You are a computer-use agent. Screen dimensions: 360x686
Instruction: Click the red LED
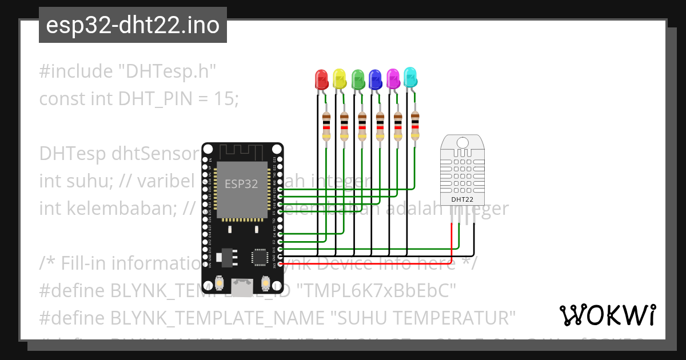[x=322, y=79]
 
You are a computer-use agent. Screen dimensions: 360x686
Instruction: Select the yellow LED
[x=340, y=79]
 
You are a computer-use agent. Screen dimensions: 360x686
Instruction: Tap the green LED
[x=358, y=79]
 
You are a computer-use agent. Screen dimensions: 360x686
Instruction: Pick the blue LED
[x=375, y=79]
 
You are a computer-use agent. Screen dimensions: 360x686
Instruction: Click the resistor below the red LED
[x=326, y=126]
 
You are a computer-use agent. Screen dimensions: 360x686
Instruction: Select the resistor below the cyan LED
[x=416, y=125]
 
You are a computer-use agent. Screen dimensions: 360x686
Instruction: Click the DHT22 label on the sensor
[x=462, y=199]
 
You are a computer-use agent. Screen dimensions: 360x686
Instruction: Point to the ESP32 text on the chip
[x=241, y=184]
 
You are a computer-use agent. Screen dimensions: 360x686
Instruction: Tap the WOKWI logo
[x=607, y=315]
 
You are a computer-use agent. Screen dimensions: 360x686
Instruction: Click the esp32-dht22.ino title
[x=133, y=26]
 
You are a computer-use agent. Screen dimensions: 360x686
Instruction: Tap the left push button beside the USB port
[x=220, y=283]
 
